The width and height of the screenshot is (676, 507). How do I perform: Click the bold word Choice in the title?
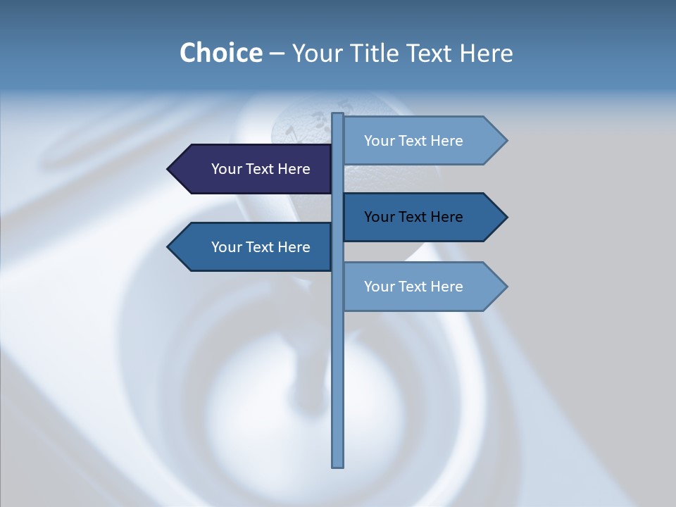[x=220, y=54]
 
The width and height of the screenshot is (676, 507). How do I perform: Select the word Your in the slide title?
[x=316, y=54]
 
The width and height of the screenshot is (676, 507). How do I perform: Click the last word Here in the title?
[x=487, y=54]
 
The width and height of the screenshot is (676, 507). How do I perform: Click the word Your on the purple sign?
[x=227, y=169]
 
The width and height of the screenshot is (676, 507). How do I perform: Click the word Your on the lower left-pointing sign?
[x=227, y=247]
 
